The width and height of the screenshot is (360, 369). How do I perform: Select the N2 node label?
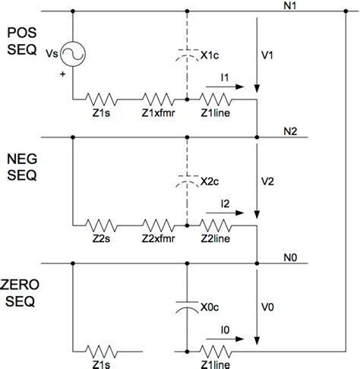tap(289, 131)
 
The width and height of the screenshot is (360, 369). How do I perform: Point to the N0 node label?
tap(289, 256)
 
